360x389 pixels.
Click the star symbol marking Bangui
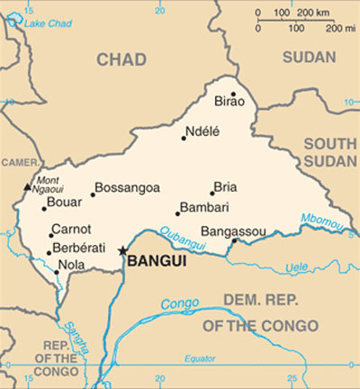point(123,252)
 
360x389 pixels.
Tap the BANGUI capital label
point(157,261)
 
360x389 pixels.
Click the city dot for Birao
point(233,94)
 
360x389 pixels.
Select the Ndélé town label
point(202,131)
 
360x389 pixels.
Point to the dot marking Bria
point(212,192)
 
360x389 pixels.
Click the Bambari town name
point(204,208)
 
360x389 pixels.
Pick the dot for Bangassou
point(234,240)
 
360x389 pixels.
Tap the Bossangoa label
point(127,188)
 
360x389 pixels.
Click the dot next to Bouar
point(44,209)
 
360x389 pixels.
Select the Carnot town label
point(71,230)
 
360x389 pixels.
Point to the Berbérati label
point(78,248)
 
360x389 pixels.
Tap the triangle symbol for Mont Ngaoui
point(27,188)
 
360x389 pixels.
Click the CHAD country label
point(121,59)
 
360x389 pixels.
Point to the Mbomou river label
point(320,219)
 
